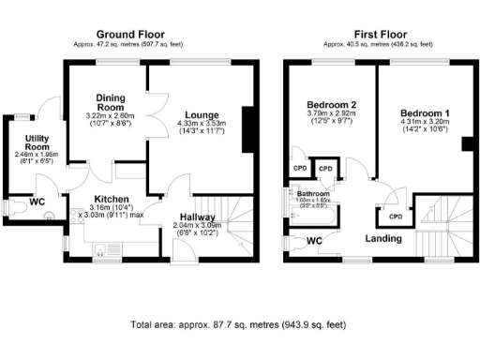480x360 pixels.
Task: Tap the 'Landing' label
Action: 383,239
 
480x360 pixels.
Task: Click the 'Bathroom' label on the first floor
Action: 313,194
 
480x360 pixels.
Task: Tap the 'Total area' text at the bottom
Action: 239,325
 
